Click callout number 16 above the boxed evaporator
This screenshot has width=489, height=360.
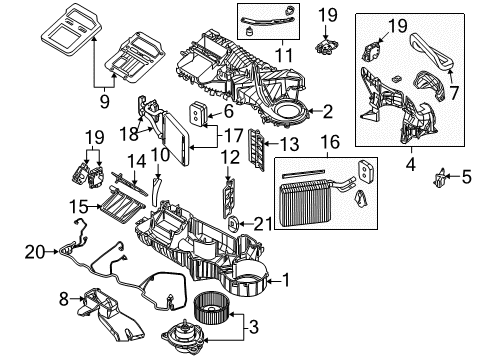point(331,144)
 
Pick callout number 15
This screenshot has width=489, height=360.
point(77,205)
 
